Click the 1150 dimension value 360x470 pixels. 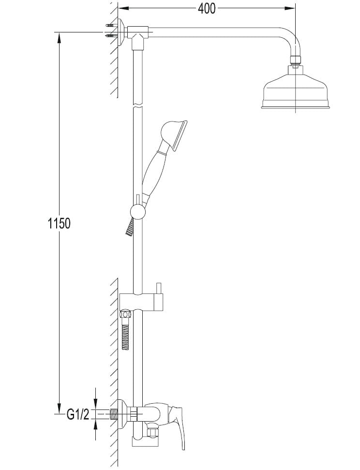pyautogui.click(x=60, y=223)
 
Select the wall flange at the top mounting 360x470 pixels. pyautogui.click(x=121, y=32)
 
